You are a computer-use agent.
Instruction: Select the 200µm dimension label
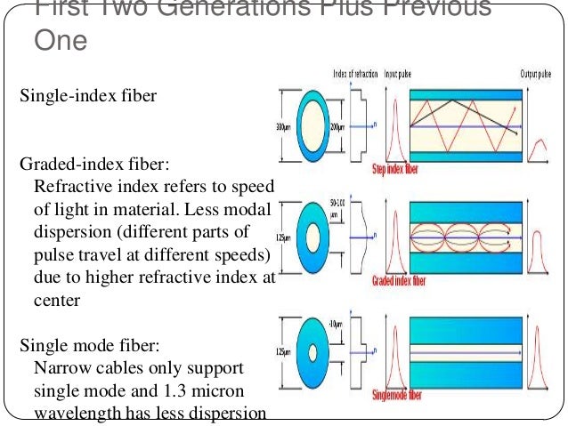click(x=337, y=126)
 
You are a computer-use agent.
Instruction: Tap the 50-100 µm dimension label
click(x=337, y=209)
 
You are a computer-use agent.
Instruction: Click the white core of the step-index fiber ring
click(x=310, y=125)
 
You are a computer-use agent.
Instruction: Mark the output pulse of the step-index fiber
click(x=537, y=149)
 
